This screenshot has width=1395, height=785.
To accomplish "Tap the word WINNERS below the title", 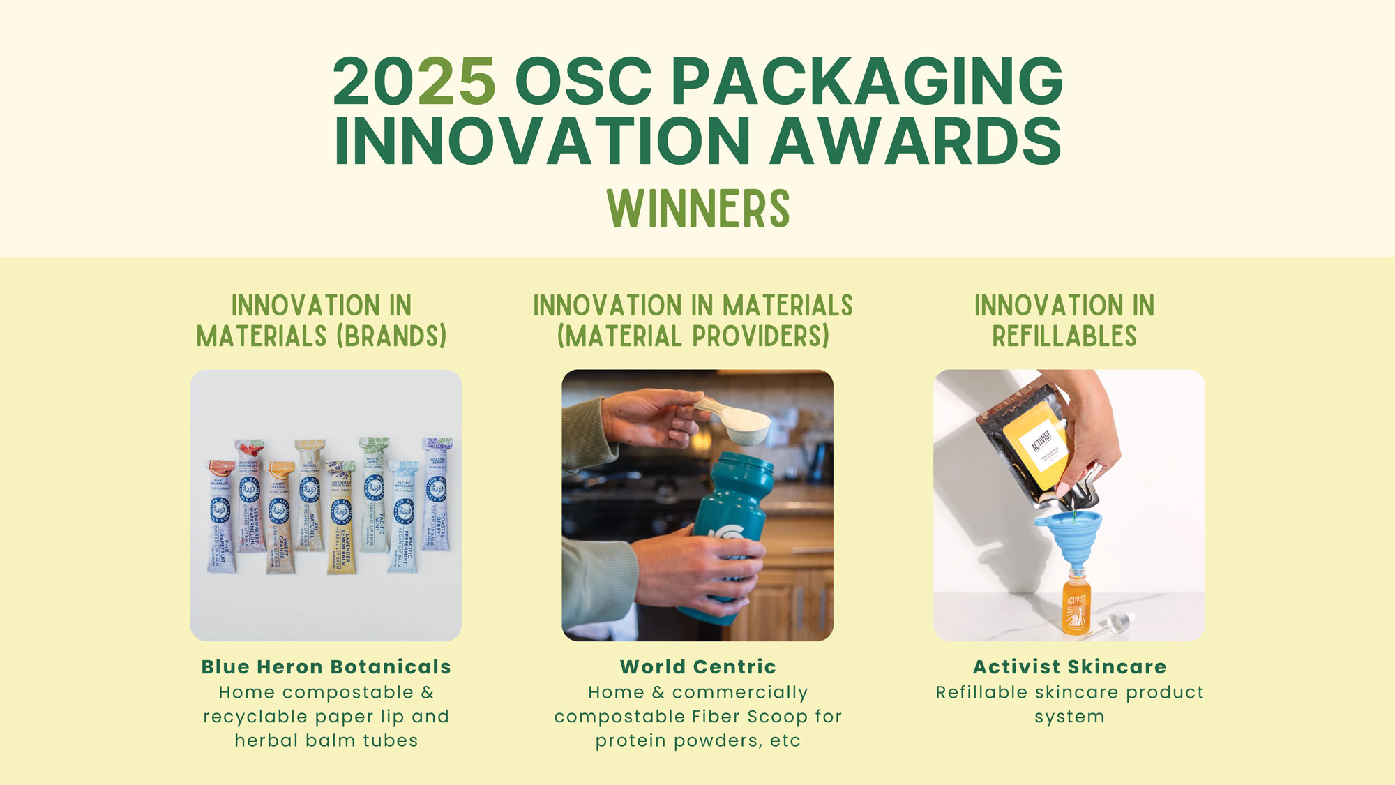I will pyautogui.click(x=697, y=209).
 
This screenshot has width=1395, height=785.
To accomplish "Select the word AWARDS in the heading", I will pyautogui.click(x=915, y=142).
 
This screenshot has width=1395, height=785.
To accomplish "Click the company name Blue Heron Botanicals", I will pyautogui.click(x=326, y=667).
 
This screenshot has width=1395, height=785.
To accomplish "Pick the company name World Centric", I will pyautogui.click(x=697, y=667).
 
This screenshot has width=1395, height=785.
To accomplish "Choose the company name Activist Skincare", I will pyautogui.click(x=1069, y=667).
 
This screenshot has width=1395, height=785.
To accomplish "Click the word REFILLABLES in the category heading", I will pyautogui.click(x=1064, y=336).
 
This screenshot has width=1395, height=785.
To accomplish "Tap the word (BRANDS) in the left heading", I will pyautogui.click(x=391, y=336).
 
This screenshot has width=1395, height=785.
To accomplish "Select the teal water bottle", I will pyautogui.click(x=729, y=537).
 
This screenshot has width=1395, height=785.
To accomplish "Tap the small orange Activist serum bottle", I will pyautogui.click(x=1076, y=604).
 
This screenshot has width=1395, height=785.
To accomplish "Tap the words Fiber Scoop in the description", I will pyautogui.click(x=750, y=717).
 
